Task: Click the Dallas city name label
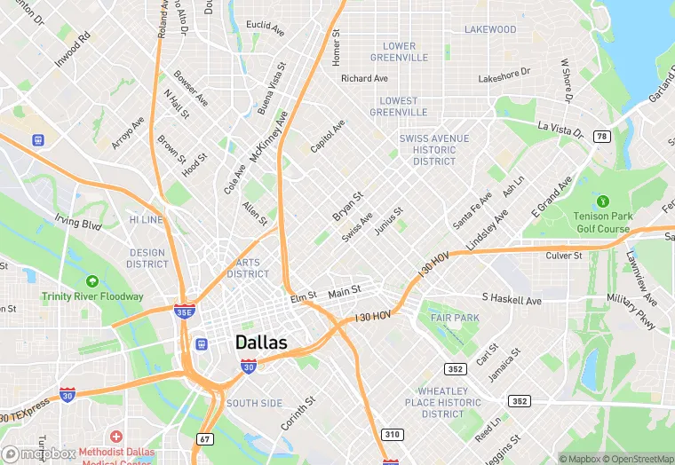pyautogui.click(x=261, y=343)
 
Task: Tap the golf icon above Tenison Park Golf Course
pyautogui.click(x=603, y=202)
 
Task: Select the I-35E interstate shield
pyautogui.click(x=184, y=311)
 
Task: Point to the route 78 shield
pyautogui.click(x=602, y=136)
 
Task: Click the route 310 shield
pyautogui.click(x=391, y=434)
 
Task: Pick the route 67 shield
pyautogui.click(x=205, y=438)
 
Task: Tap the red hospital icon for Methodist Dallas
pyautogui.click(x=115, y=437)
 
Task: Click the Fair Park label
pyautogui.click(x=454, y=318)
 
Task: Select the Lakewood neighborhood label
pyautogui.click(x=489, y=29)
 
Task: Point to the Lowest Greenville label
pyautogui.click(x=393, y=106)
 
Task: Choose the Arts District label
pyautogui.click(x=248, y=268)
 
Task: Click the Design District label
pyautogui.click(x=147, y=258)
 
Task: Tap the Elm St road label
pyautogui.click(x=303, y=297)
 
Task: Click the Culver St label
pyautogui.click(x=563, y=256)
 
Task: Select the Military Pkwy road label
pyautogui.click(x=631, y=313)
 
